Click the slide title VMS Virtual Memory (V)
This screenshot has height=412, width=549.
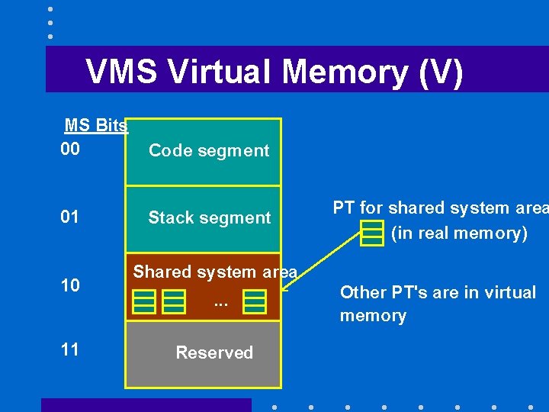[x=274, y=72]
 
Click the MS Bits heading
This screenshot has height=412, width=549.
[x=96, y=126]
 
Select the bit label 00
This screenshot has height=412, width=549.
[x=70, y=148]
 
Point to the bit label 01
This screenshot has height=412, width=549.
[x=70, y=217]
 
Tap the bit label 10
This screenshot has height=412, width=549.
[x=70, y=285]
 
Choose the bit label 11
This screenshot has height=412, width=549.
[x=70, y=349]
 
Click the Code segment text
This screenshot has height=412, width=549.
[x=209, y=150]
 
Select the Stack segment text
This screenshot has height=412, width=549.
[x=209, y=217]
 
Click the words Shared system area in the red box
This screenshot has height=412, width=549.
[x=214, y=272]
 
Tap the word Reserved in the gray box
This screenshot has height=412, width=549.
[x=214, y=352]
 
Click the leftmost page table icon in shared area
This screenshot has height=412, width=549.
[x=144, y=302]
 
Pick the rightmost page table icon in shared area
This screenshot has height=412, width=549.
[x=255, y=302]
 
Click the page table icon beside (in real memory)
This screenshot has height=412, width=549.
[x=372, y=233]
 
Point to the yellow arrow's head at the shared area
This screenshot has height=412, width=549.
[x=284, y=289]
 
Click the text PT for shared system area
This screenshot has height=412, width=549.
[x=440, y=208]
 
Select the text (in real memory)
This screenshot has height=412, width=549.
[x=459, y=233]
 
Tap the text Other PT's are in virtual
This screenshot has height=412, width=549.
[x=438, y=292]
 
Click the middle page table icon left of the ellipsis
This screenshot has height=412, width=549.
[x=174, y=302]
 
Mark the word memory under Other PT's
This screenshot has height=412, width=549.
[x=373, y=315]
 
